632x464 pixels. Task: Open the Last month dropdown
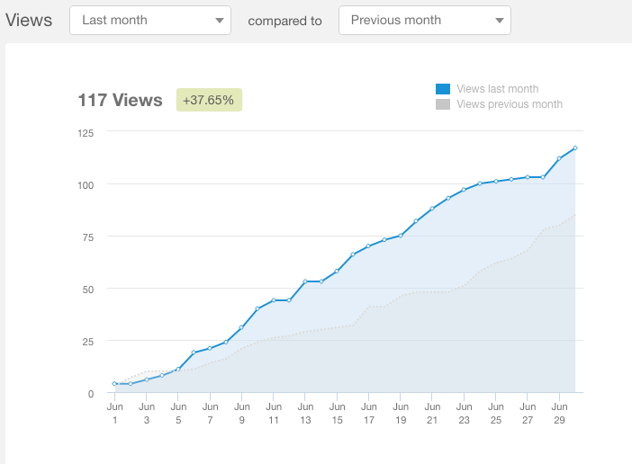click(x=149, y=20)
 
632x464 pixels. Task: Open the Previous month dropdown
click(x=424, y=20)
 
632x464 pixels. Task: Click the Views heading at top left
click(x=29, y=20)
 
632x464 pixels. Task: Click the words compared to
click(x=284, y=20)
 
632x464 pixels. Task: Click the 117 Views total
click(x=120, y=100)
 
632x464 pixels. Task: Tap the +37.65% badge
click(x=208, y=100)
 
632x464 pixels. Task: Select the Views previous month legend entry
click(x=510, y=104)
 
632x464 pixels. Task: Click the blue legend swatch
click(x=443, y=89)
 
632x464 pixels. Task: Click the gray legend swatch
click(x=443, y=104)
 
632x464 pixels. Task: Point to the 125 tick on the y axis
click(x=86, y=132)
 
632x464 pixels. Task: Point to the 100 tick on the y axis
click(x=86, y=184)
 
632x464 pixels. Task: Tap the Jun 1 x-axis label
click(x=115, y=413)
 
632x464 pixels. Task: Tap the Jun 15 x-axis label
click(x=337, y=413)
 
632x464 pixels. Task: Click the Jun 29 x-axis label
click(x=558, y=413)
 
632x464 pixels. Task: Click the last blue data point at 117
click(x=574, y=148)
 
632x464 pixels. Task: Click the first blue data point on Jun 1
click(x=115, y=384)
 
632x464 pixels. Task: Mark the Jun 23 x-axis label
click(x=464, y=413)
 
